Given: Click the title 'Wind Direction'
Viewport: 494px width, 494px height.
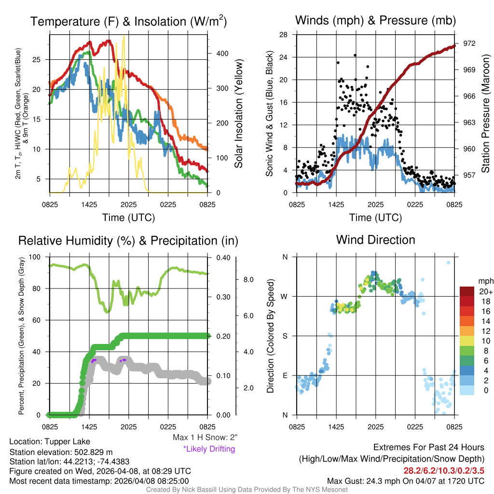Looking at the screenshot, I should pos(375,240).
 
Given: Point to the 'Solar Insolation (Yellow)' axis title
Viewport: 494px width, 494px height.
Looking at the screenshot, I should pos(239,113).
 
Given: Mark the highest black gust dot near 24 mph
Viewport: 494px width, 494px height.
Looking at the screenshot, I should pos(355,55).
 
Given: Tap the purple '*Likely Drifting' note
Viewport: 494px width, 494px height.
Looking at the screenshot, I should pos(209,449).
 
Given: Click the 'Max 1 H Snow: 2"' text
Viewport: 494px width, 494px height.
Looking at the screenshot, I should pos(205,438).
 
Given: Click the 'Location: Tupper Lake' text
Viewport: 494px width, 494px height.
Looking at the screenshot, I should pos(49,441).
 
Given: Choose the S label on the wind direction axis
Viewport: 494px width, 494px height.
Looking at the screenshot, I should pos(285,336).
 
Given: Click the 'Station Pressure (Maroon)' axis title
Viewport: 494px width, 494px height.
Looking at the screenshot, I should pos(486,113).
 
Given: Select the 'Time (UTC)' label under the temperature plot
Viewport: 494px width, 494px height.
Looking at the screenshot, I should pos(128,217).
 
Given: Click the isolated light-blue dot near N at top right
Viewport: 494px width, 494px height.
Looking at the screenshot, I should pos(448,263).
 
